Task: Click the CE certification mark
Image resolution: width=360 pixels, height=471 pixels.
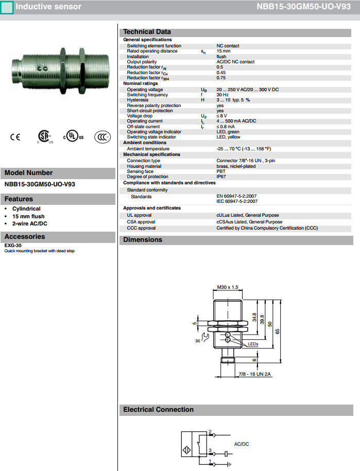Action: tap(14, 137)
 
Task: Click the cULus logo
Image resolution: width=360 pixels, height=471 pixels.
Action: tap(73, 137)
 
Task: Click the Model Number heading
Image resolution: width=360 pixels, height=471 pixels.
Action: tap(28, 173)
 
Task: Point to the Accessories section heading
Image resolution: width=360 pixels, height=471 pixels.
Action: tap(25, 237)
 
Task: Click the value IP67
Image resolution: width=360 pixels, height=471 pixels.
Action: tap(222, 177)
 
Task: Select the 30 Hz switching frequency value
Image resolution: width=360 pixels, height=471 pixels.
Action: tap(222, 95)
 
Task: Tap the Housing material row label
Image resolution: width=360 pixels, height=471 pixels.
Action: tap(144, 166)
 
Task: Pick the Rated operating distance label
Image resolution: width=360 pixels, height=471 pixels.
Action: tap(152, 51)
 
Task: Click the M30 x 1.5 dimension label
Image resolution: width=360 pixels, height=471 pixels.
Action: tap(228, 287)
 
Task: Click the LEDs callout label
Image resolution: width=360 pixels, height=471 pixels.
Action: tap(253, 343)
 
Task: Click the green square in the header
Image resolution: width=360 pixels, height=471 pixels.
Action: tap(7, 7)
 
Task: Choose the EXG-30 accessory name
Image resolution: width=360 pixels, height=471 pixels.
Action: tap(13, 246)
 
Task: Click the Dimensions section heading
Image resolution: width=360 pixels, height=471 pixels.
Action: tap(143, 240)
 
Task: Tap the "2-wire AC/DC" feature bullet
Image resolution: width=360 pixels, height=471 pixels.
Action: tap(30, 223)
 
